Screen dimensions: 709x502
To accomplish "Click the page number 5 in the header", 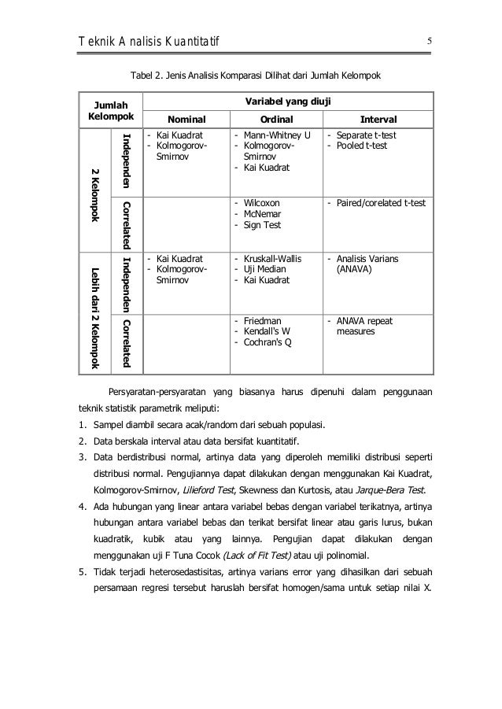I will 430,40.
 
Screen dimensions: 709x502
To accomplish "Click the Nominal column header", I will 186,120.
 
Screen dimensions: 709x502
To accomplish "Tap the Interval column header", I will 378,120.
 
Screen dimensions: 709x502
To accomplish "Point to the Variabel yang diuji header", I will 287,102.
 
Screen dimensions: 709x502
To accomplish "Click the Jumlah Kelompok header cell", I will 111,110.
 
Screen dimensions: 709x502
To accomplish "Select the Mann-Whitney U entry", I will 276,135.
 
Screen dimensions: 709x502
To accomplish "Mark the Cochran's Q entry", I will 268,343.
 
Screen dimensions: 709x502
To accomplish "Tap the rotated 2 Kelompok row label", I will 94,193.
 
